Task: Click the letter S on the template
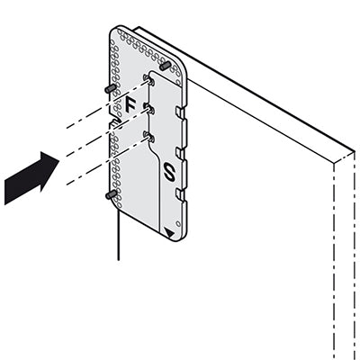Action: coord(169,172)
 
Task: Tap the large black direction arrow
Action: coord(31,178)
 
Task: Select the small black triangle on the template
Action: coord(169,233)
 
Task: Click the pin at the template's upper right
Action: coord(165,66)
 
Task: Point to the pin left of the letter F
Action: coord(111,88)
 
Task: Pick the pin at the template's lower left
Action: coord(111,194)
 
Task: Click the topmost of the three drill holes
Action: coord(149,80)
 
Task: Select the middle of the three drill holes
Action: coord(149,109)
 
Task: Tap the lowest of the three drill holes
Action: coord(149,137)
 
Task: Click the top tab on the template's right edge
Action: coord(181,113)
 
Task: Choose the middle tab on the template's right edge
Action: coord(181,155)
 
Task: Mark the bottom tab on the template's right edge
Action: coord(181,195)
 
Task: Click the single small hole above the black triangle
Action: coord(178,223)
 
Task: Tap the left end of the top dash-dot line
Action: coord(67,128)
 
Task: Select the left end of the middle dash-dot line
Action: coord(67,156)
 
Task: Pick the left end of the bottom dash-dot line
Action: coord(67,184)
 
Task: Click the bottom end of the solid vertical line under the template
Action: coord(119,260)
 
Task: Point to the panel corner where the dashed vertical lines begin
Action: coord(334,163)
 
